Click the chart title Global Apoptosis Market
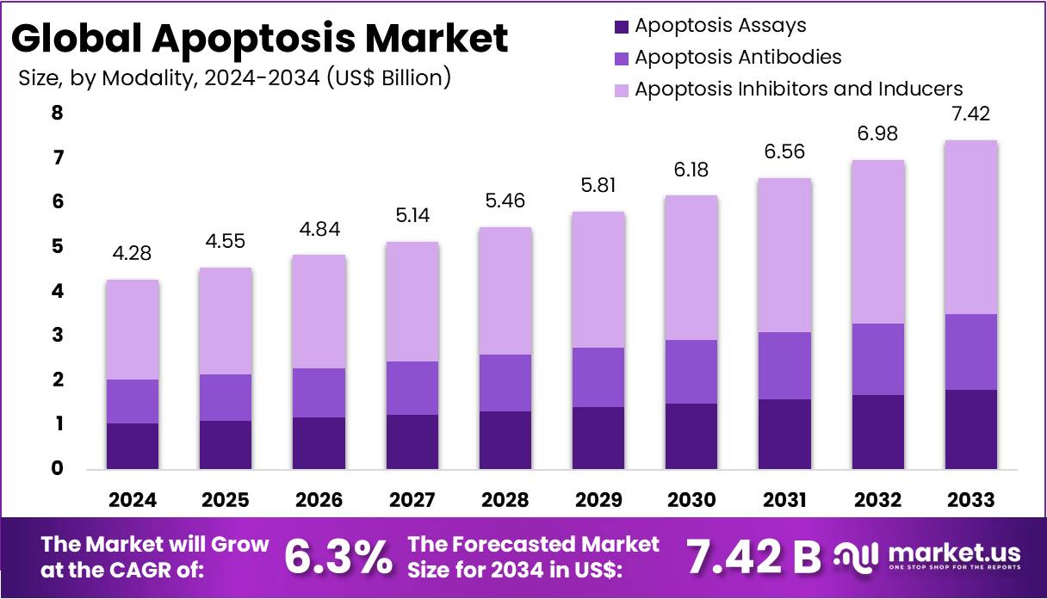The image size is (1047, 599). coord(259,39)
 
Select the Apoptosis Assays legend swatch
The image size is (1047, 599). coord(623,27)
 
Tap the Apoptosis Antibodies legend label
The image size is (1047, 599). coord(738,58)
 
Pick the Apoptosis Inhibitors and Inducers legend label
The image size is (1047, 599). coord(798,89)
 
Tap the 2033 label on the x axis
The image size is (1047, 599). coord(970,500)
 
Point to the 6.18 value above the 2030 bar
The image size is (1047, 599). coord(691,170)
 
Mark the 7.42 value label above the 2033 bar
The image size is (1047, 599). coord(970,114)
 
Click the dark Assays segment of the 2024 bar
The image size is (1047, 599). coord(132,446)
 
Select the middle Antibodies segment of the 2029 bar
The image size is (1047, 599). coord(598,377)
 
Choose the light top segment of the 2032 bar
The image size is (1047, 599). coord(877,242)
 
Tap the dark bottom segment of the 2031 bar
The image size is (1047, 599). coord(784,434)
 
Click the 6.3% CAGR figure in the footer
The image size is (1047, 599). coord(338,557)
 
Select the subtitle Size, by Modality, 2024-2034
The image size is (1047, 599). coord(234,77)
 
